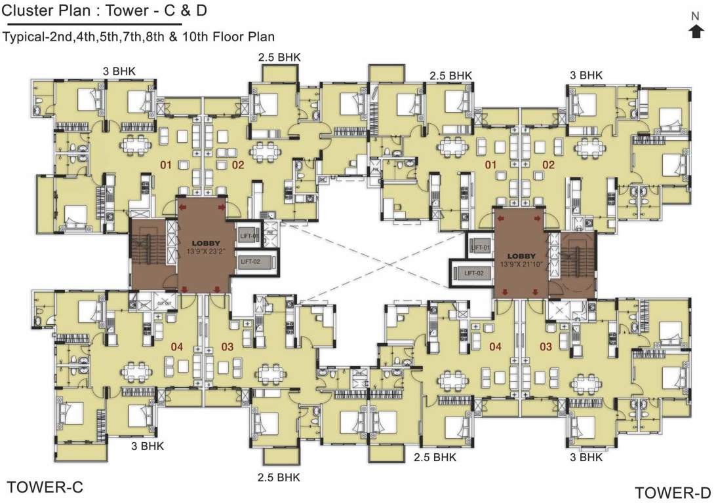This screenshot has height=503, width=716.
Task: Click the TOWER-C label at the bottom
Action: [x=44, y=487]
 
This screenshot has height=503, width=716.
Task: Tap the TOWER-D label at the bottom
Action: [x=673, y=492]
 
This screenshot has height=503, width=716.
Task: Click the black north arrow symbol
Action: [x=696, y=31]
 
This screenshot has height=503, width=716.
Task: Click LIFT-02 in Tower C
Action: [x=252, y=262]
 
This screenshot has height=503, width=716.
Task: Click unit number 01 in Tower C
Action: [x=165, y=165]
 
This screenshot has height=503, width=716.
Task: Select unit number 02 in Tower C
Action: [x=237, y=165]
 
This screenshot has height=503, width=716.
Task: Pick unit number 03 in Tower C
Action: [x=227, y=345]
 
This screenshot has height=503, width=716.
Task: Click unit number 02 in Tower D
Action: [x=548, y=165]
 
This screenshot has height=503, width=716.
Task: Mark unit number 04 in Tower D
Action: [x=495, y=346]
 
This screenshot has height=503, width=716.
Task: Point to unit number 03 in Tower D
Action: [x=546, y=346]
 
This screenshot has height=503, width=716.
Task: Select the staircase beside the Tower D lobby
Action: [x=578, y=261]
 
